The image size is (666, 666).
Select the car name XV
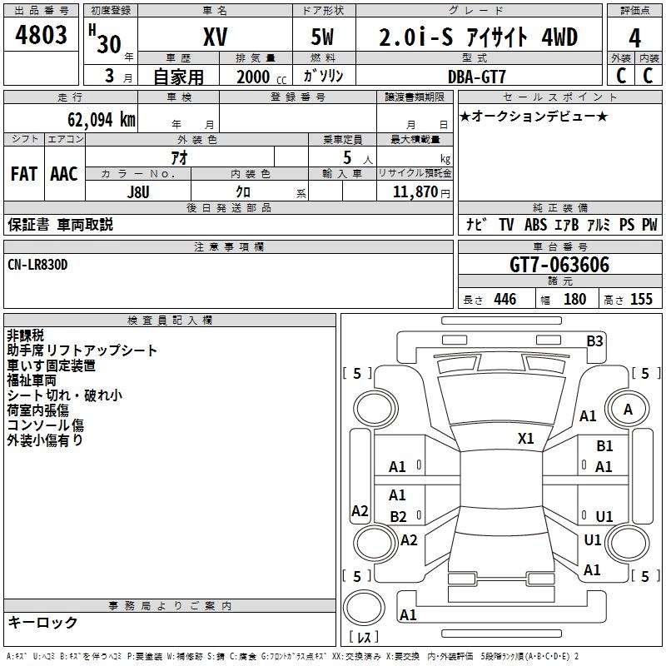pos(215,38)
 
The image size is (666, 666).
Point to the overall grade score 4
pos(634,38)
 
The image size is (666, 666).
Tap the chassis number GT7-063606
pos(559,265)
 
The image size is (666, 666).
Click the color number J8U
pos(137,191)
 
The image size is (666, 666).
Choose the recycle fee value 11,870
pos(413,191)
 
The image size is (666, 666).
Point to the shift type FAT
pos(24,174)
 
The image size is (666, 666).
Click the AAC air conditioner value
pos(64,174)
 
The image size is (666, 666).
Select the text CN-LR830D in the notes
pos(38,264)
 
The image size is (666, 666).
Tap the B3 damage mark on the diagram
pos(594,340)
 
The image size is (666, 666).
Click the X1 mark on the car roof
pos(525,438)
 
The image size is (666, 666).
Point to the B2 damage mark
pos(398,517)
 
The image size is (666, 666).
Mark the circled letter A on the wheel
pos(628,409)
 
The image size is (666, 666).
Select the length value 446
pos(504,300)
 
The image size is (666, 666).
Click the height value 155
pos(641,300)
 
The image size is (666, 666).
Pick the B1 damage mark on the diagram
pos(604,447)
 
